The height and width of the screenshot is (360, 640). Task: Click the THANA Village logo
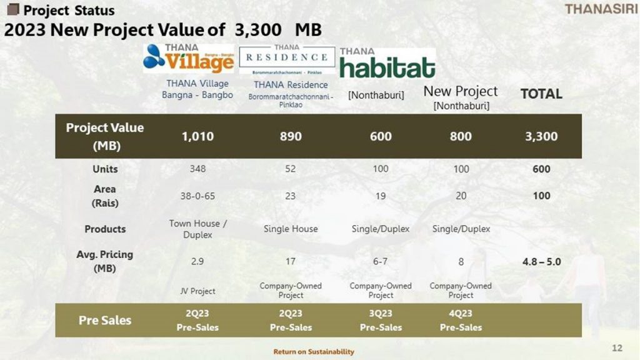coord(189,58)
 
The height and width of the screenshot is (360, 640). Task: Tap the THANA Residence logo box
coord(287,59)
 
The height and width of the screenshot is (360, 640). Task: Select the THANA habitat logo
coord(387,63)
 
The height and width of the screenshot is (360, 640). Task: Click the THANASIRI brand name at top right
coord(601,9)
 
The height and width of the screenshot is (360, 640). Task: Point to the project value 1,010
coord(197,136)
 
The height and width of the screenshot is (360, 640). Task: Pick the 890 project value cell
coord(291,136)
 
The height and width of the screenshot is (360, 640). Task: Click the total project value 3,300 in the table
coord(541,136)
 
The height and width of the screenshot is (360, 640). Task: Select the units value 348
coord(197,169)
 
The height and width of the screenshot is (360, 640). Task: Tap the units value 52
coord(290,169)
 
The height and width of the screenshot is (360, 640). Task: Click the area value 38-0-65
coord(197,196)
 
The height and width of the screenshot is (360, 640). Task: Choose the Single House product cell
coord(291,229)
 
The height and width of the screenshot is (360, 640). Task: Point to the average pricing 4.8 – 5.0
coord(542,262)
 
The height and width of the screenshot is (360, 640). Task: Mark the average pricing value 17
coord(290,261)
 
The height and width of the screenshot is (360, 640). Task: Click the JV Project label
coord(197,291)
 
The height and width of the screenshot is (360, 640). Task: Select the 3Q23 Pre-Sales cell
coord(381,321)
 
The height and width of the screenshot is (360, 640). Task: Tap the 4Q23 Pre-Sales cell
coord(461,321)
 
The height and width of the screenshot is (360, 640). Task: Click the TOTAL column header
coord(541,94)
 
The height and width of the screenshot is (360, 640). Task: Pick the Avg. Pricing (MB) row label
coord(105,261)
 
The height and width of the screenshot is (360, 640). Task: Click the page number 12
coord(617,347)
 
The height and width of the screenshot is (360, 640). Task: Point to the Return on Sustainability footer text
coord(314,351)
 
